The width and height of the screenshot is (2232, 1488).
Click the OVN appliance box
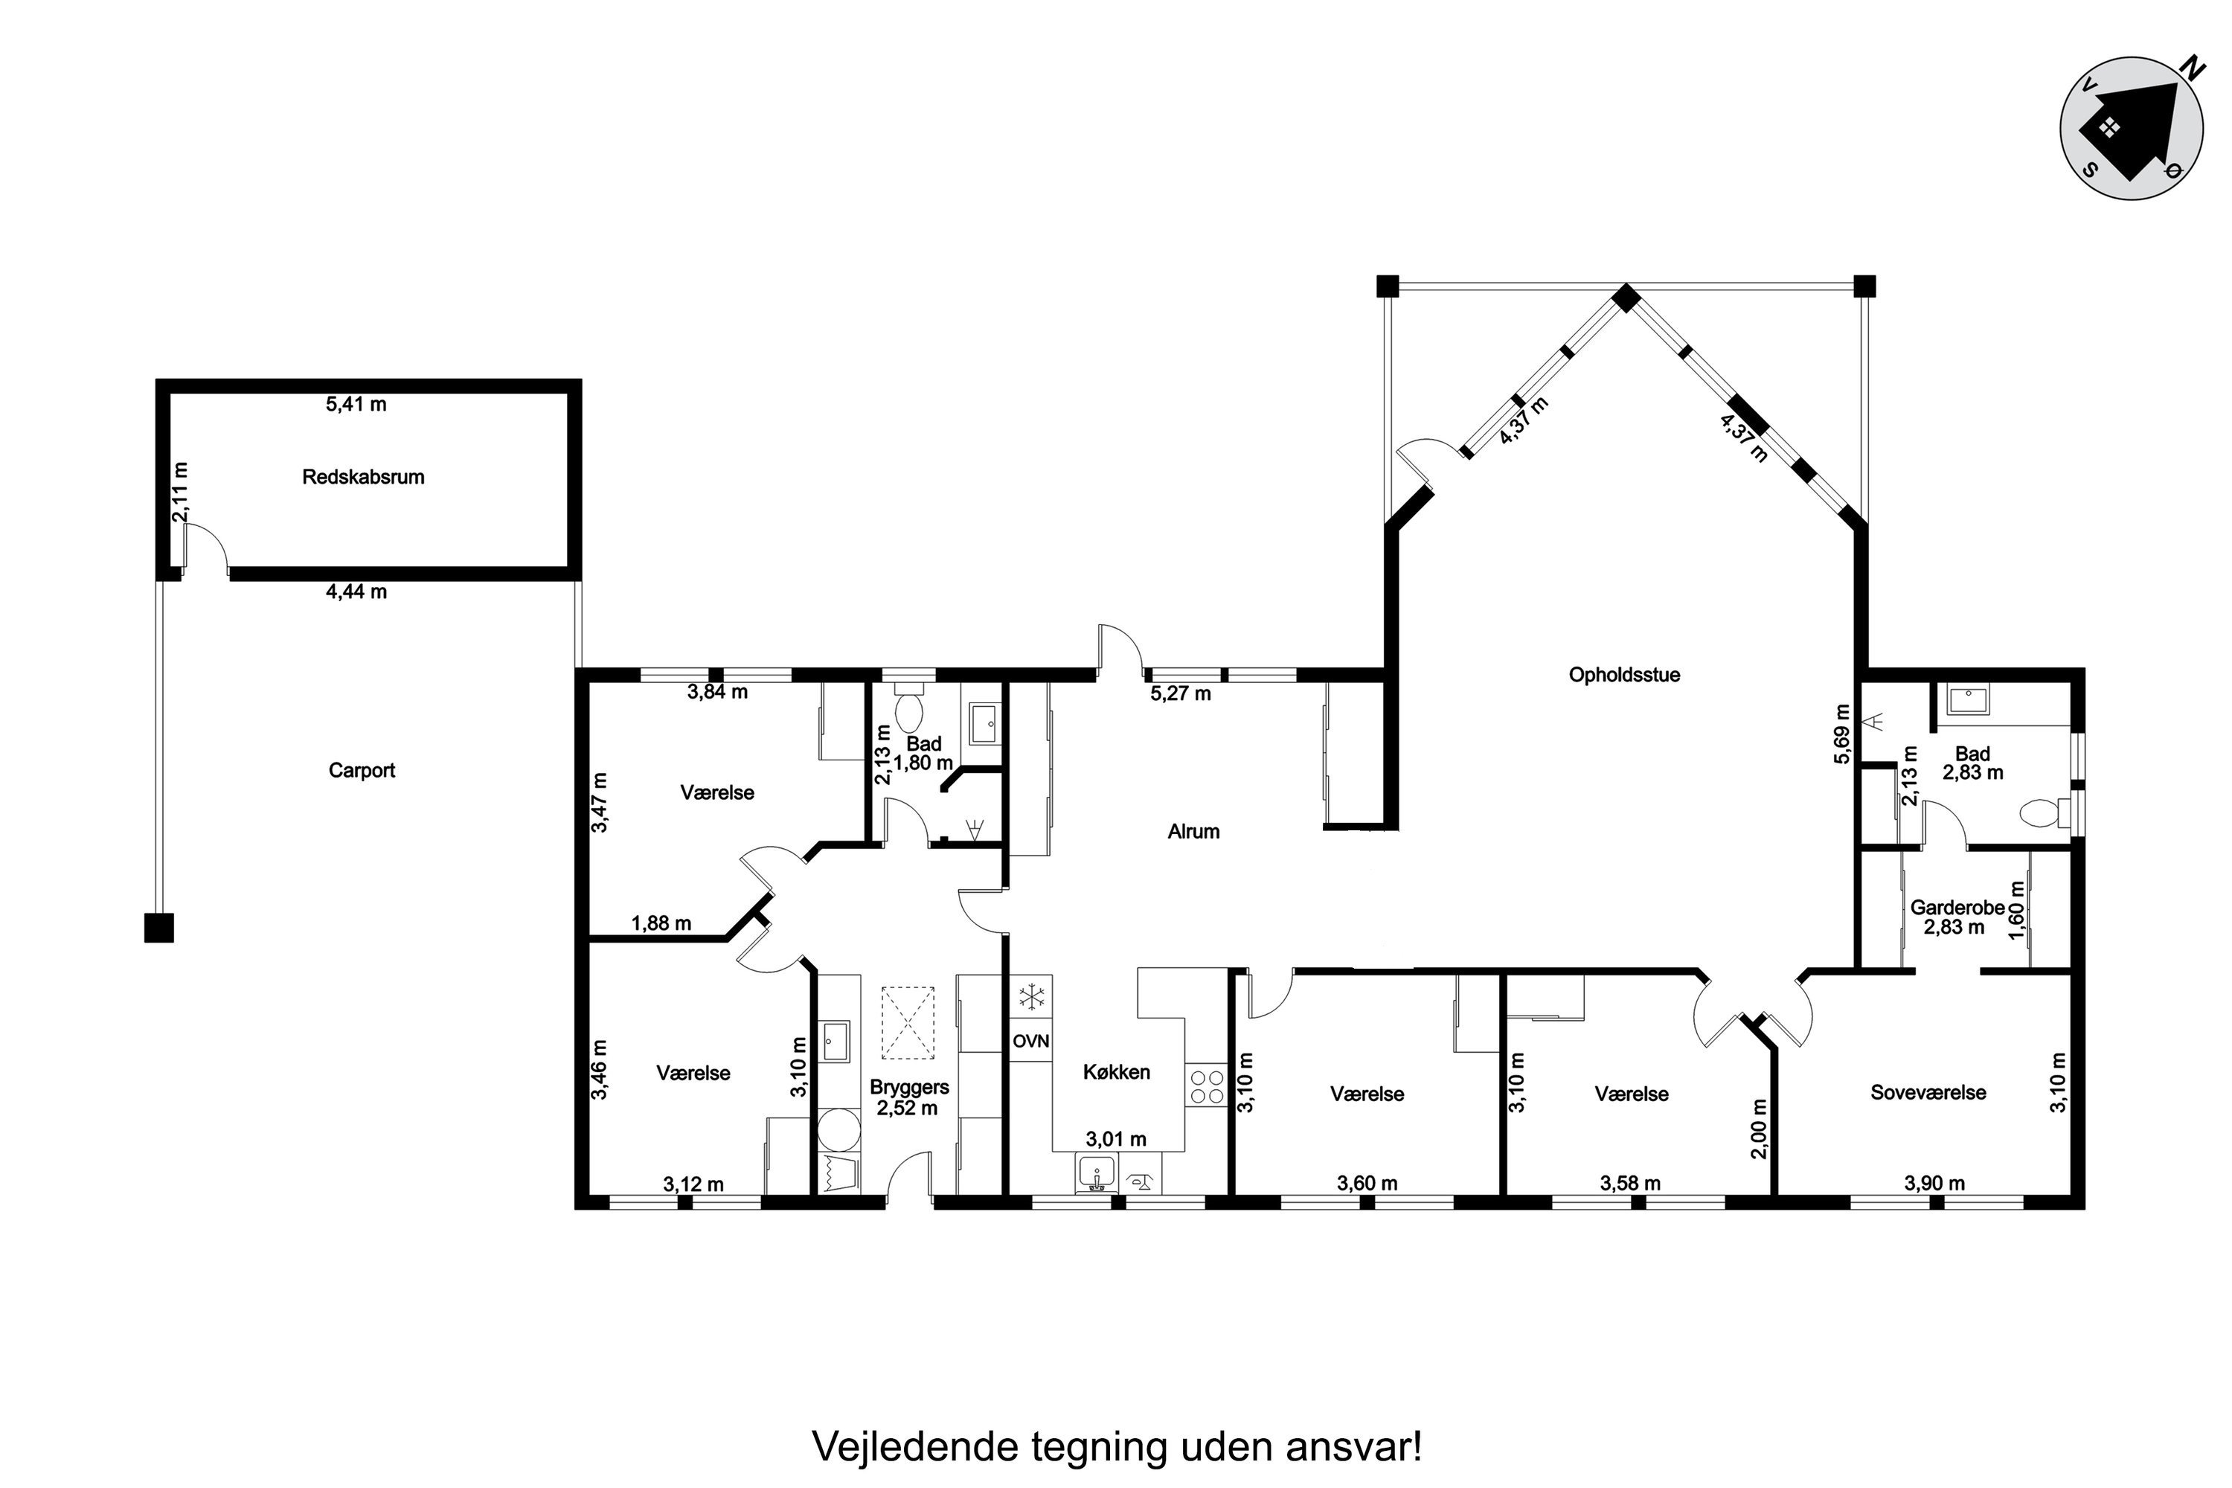click(x=1030, y=1041)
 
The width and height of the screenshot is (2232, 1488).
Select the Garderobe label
click(x=1957, y=907)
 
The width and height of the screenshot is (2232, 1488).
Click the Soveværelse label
click(x=1928, y=1092)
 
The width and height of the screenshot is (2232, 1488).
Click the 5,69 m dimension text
click(x=1842, y=734)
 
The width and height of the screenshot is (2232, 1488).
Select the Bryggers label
click(x=908, y=1088)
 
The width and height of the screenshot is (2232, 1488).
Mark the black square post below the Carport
click(x=158, y=927)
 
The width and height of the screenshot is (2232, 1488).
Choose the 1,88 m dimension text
click(x=661, y=923)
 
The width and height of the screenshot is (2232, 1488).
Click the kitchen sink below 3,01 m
click(x=1097, y=1175)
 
